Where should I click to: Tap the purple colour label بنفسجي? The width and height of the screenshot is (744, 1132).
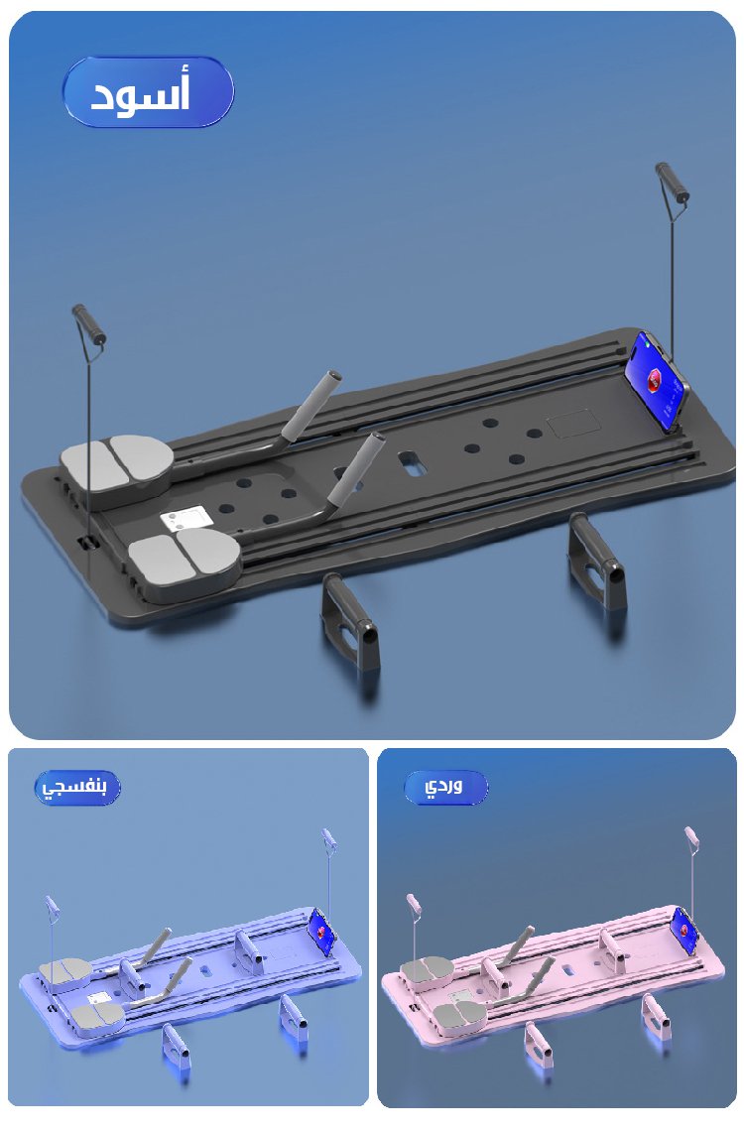[75, 786]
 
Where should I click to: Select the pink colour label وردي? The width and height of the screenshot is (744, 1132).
[444, 786]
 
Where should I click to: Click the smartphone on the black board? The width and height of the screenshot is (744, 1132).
[658, 382]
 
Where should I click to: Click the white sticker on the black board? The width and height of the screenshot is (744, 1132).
[187, 521]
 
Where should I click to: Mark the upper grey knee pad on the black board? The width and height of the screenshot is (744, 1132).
[115, 464]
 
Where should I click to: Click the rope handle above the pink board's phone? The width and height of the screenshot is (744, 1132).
[691, 840]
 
